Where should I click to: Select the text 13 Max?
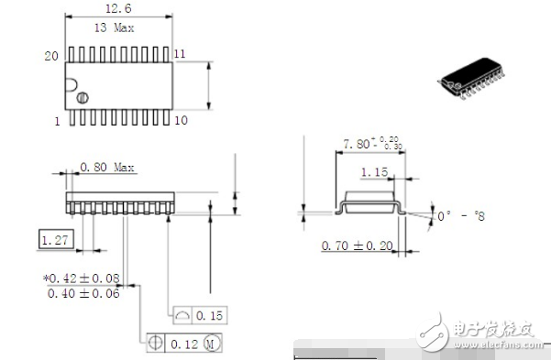click(x=115, y=27)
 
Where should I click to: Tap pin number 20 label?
click(x=51, y=56)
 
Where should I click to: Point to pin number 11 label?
click(x=180, y=55)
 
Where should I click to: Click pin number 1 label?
click(x=56, y=121)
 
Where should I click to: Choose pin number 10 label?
click(x=181, y=121)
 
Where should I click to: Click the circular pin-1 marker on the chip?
click(x=82, y=98)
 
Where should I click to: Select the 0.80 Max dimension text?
click(x=108, y=168)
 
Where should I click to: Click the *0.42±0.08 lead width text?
click(x=83, y=277)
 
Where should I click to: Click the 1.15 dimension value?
click(x=373, y=172)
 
